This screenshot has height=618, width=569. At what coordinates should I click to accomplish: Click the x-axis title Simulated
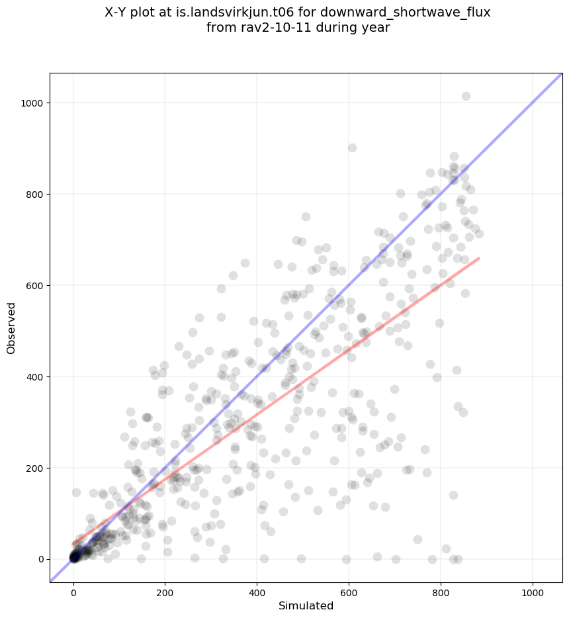(x=306, y=605)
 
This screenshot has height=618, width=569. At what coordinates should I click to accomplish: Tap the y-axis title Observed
(x=12, y=328)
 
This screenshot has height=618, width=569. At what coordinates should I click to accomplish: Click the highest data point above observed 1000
(x=466, y=97)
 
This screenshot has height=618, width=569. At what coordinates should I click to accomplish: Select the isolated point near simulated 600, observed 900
(x=352, y=148)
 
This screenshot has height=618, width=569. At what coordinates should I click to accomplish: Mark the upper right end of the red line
(x=478, y=258)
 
